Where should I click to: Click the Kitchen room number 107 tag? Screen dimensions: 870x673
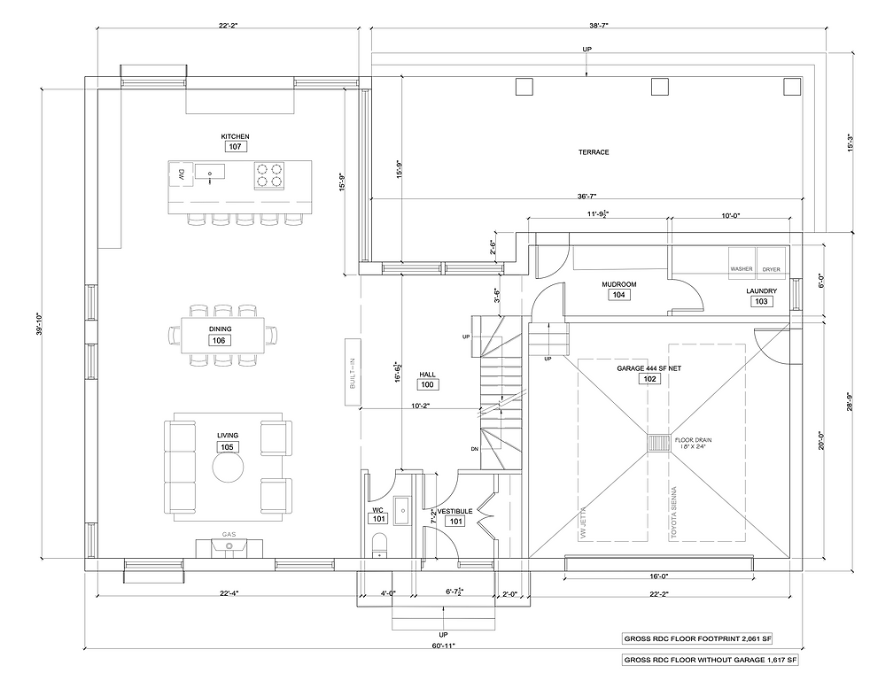click(236, 146)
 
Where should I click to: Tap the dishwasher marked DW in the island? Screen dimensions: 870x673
click(181, 174)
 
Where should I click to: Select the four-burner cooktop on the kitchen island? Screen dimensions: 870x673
click(269, 175)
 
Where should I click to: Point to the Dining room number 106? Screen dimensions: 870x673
click(220, 340)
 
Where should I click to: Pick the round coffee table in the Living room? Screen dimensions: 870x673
click(228, 468)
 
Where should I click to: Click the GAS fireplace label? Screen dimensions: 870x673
click(229, 534)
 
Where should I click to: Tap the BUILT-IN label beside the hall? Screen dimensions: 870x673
click(353, 373)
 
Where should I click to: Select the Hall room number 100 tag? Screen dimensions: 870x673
click(427, 384)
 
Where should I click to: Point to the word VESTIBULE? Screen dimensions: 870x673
click(455, 511)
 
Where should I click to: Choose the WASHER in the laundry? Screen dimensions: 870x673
click(742, 269)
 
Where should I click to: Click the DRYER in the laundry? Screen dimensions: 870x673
click(772, 269)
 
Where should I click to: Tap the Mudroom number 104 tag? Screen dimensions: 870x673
click(619, 295)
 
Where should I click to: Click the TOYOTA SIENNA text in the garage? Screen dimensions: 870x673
click(674, 513)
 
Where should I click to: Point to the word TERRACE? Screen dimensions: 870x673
click(594, 152)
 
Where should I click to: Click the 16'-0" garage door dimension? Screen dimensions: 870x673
click(658, 576)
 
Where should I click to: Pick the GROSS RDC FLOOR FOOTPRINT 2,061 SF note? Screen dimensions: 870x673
click(698, 638)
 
